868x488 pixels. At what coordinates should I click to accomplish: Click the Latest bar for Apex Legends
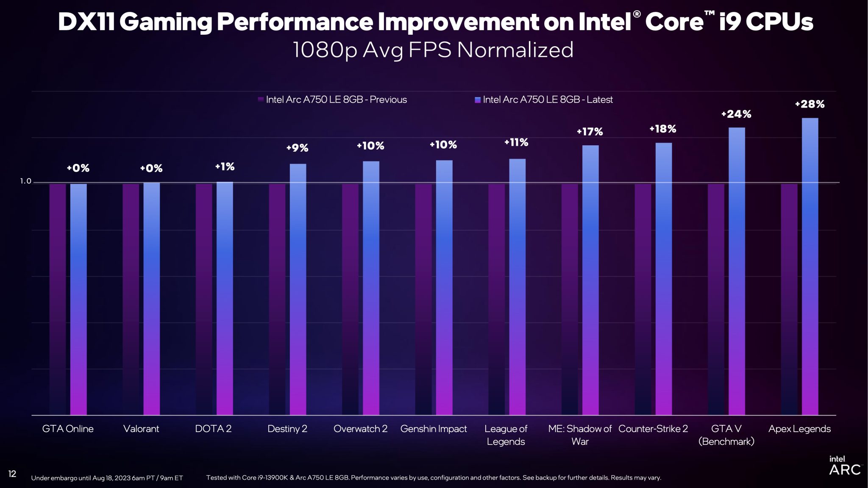[810, 267]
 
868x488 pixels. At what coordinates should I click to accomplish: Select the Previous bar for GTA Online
[58, 299]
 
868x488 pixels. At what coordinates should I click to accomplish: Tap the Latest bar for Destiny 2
[298, 289]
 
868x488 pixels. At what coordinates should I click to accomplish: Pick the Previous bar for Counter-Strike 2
[643, 299]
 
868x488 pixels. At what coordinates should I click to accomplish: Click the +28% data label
[810, 104]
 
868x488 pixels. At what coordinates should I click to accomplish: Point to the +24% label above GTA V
[736, 114]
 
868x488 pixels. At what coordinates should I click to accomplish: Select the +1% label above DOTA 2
[225, 166]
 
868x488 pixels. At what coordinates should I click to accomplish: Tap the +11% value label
[516, 142]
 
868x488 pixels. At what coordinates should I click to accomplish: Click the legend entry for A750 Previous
[332, 100]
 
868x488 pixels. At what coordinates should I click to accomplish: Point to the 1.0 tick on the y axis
[25, 181]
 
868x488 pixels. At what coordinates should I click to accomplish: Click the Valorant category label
[141, 429]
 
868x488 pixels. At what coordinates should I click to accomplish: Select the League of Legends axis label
[506, 435]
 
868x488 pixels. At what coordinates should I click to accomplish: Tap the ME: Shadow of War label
[580, 435]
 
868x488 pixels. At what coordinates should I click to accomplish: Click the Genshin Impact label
[434, 429]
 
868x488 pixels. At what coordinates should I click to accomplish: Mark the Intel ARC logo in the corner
[844, 466]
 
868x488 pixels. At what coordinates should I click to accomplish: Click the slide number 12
[12, 474]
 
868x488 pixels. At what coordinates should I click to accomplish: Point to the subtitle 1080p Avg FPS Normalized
[433, 50]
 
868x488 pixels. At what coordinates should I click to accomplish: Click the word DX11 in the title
[86, 22]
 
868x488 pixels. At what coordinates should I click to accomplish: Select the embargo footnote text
[107, 478]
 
